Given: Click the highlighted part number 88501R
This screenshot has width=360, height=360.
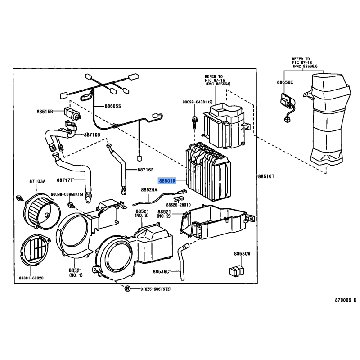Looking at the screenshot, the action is [167, 181].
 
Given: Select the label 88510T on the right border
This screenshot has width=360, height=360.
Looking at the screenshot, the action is [266, 176].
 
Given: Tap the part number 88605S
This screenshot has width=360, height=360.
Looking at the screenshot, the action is [113, 106].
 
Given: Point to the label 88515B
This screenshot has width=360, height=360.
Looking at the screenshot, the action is [45, 112].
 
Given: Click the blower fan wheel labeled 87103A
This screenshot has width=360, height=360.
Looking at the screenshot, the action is [42, 211].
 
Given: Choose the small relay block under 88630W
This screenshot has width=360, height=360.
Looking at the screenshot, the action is [237, 270].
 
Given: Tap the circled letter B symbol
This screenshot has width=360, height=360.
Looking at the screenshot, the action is [127, 289].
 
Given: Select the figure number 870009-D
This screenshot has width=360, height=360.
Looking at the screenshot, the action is [346, 300].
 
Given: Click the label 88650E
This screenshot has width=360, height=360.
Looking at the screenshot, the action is [285, 82].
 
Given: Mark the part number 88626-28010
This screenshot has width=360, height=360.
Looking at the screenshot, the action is [178, 205].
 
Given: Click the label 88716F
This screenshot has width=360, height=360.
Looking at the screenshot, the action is [145, 170].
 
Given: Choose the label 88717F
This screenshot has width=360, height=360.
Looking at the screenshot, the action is [65, 180].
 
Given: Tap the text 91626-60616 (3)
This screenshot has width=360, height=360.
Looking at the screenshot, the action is [155, 289].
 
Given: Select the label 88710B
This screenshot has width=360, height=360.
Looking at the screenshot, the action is [92, 135].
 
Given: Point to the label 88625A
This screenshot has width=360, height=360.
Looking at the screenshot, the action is [149, 189].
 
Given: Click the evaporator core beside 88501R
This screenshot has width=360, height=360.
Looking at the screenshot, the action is [208, 171].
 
